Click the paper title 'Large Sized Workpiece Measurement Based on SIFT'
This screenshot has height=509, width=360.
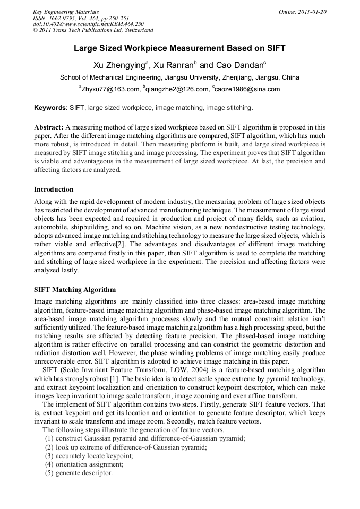(179, 48)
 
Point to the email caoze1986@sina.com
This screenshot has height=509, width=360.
(246, 89)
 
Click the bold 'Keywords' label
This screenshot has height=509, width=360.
(50, 108)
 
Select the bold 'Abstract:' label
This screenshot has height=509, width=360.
(49, 128)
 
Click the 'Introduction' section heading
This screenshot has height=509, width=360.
(54, 189)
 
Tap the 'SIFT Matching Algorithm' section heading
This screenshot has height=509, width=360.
(74, 290)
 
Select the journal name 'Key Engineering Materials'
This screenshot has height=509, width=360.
(66, 12)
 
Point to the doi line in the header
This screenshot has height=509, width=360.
(88, 24)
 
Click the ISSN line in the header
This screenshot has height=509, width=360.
(81, 18)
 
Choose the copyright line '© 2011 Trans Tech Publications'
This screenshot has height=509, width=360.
(93, 30)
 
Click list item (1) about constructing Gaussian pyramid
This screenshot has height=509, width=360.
(144, 439)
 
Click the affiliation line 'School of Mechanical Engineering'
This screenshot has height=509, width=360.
(179, 77)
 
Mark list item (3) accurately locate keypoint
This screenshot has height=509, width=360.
(89, 456)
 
